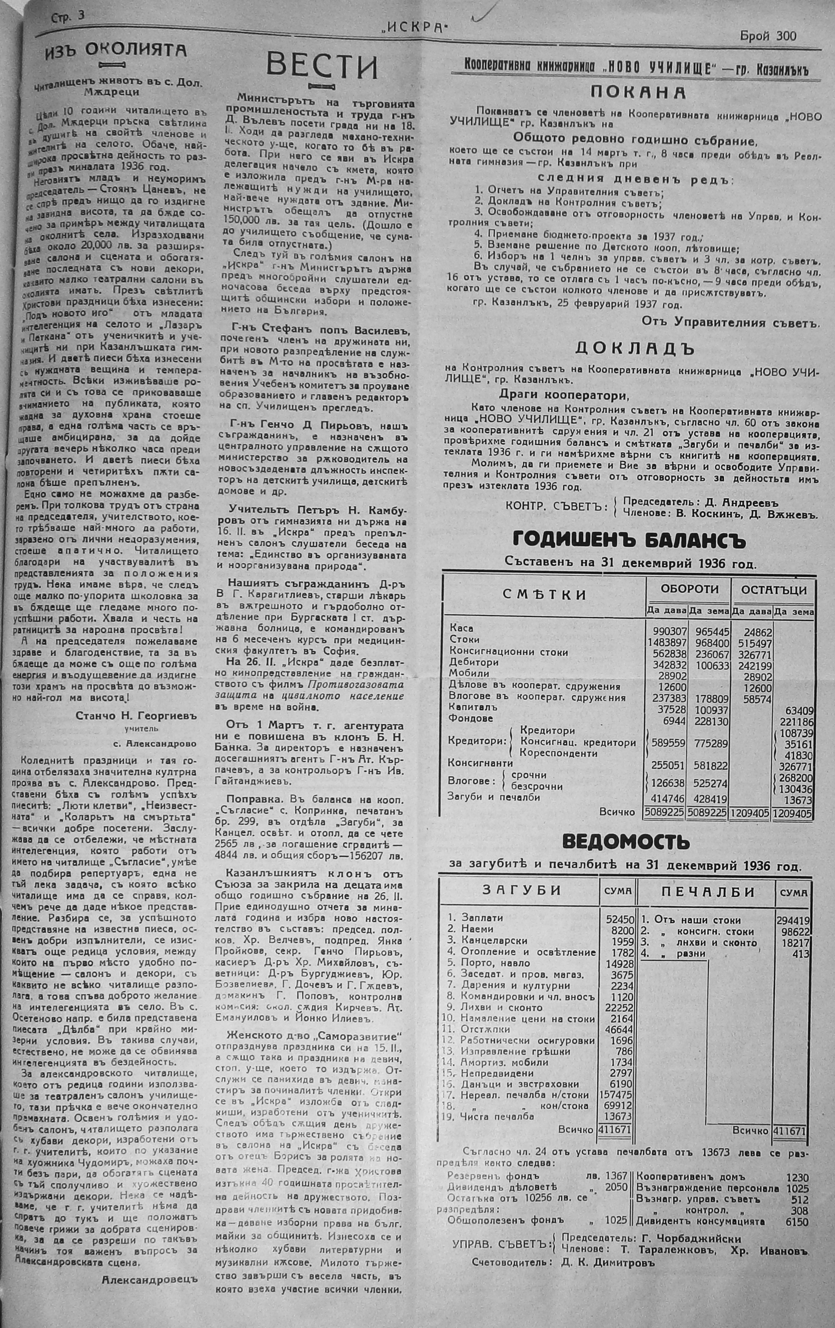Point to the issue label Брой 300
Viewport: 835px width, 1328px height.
tap(768, 36)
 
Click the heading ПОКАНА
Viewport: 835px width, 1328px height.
tap(638, 92)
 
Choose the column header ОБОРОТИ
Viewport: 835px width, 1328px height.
tap(689, 589)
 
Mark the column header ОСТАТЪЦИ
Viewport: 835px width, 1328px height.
tap(774, 589)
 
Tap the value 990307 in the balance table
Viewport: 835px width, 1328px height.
tap(666, 629)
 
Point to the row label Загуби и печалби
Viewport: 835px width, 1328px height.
tap(494, 797)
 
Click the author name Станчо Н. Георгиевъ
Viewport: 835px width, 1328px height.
tap(137, 716)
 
